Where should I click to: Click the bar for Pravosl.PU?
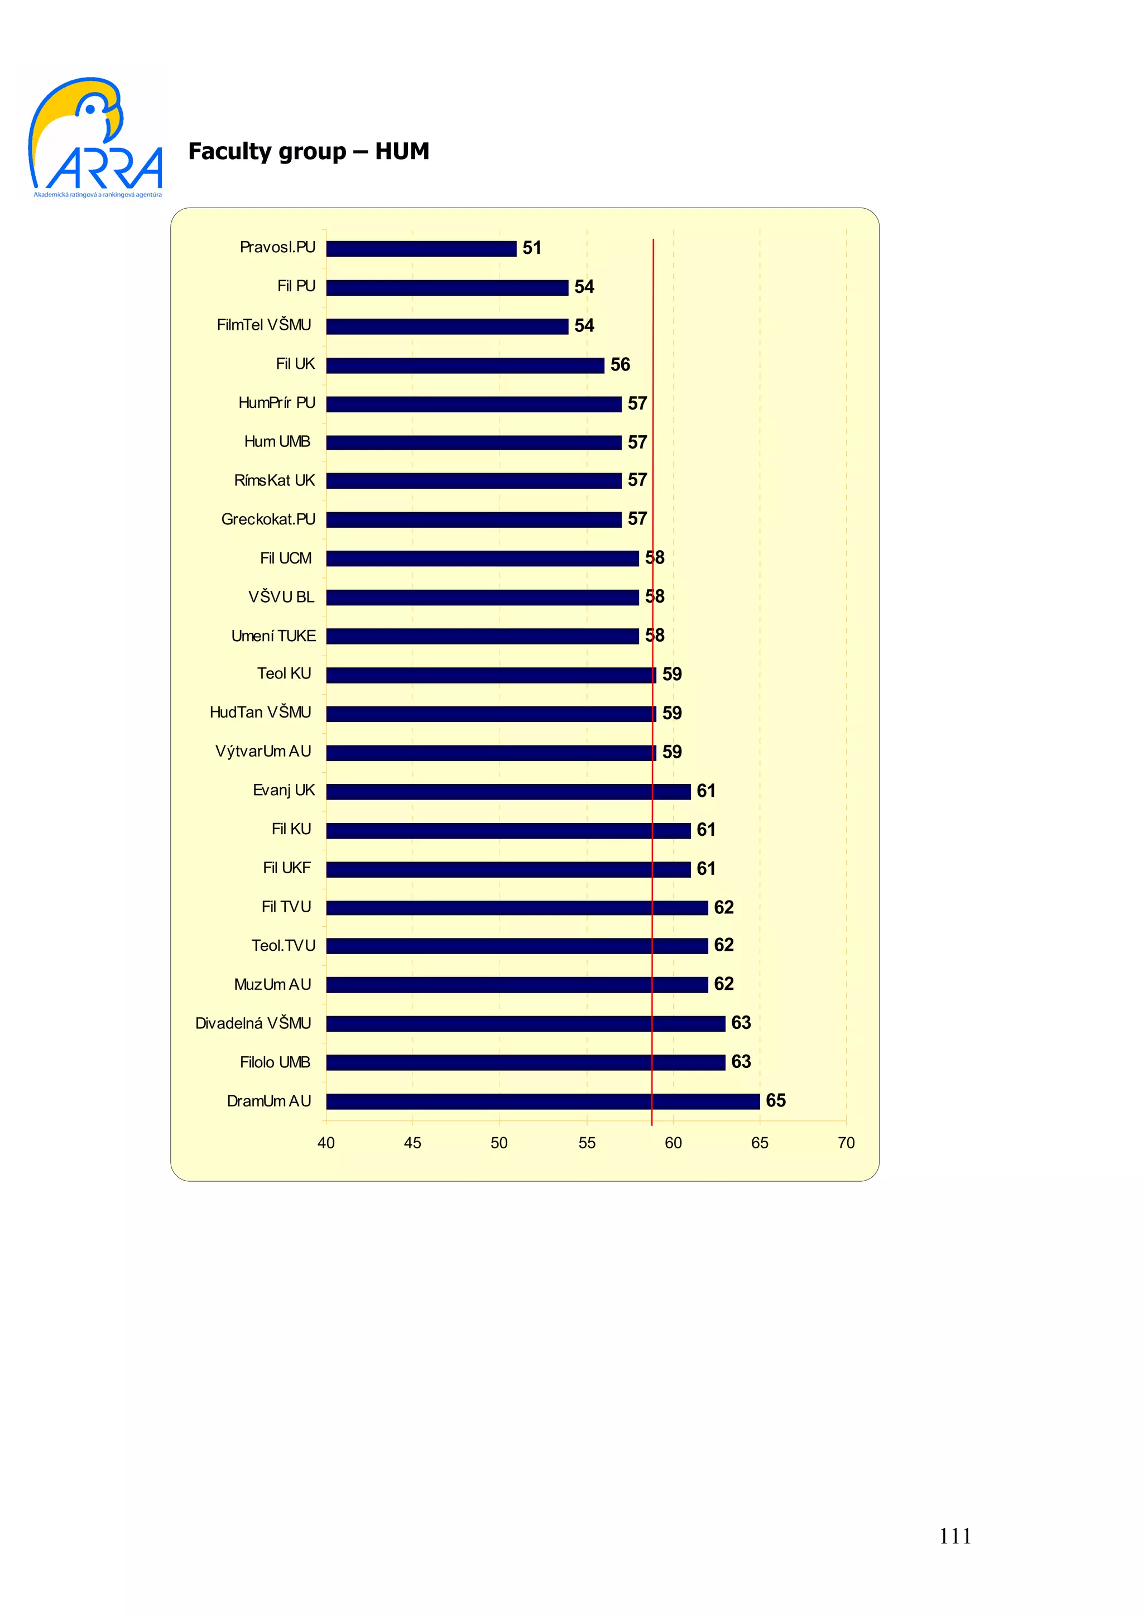pos(421,249)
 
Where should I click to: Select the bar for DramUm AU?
pos(542,1101)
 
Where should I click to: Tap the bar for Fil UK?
pos(465,365)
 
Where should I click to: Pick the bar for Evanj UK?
pos(508,792)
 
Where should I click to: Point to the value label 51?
pos(532,248)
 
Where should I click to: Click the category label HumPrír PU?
pos(277,403)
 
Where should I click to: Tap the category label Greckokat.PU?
pos(268,519)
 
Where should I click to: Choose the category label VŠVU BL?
pos(281,597)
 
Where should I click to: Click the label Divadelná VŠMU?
pos(253,1023)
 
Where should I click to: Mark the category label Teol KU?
pos(284,674)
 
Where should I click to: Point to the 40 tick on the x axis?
pos(326,1143)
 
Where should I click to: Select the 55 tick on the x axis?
pos(587,1143)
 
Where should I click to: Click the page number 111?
pos(955,1536)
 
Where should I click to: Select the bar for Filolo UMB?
pos(525,1063)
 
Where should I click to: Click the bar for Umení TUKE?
pos(482,637)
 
